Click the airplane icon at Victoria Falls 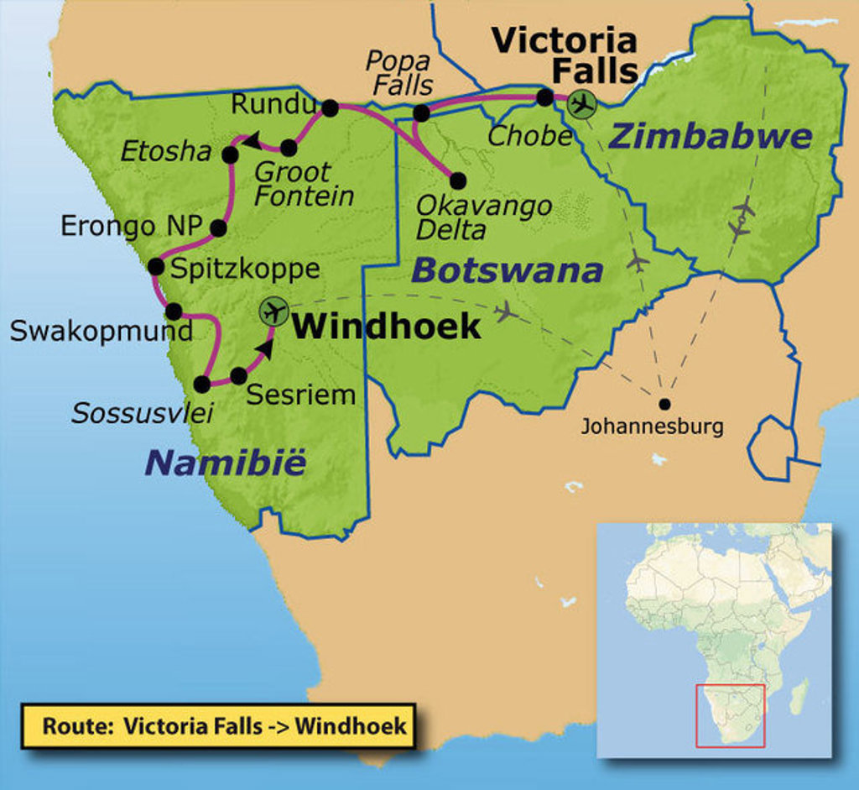pyautogui.click(x=580, y=104)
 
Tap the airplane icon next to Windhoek pyautogui.click(x=273, y=311)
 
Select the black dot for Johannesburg pyautogui.click(x=664, y=404)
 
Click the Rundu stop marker pyautogui.click(x=330, y=107)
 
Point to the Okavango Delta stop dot pyautogui.click(x=458, y=180)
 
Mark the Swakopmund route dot pyautogui.click(x=174, y=311)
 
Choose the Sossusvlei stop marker pyautogui.click(x=202, y=385)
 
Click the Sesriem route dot pyautogui.click(x=239, y=376)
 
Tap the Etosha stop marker pyautogui.click(x=230, y=154)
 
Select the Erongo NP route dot pyautogui.click(x=219, y=228)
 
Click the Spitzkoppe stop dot pyautogui.click(x=156, y=267)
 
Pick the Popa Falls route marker pyautogui.click(x=421, y=113)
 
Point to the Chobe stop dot pyautogui.click(x=544, y=97)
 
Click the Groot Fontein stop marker pyautogui.click(x=289, y=148)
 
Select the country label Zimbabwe pyautogui.click(x=711, y=137)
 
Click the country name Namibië pyautogui.click(x=226, y=463)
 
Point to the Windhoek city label pyautogui.click(x=387, y=327)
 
